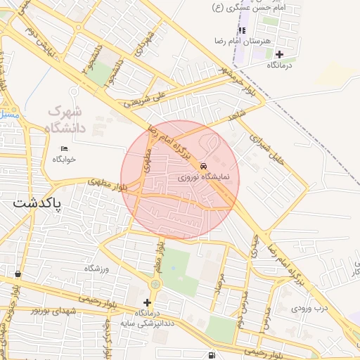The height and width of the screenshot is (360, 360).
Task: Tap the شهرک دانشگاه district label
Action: pos(66,120)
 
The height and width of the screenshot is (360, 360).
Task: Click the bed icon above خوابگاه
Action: pos(65,148)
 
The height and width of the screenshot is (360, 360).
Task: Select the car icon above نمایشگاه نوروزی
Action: pos(204,167)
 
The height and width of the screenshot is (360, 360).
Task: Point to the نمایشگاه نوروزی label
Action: pos(202,178)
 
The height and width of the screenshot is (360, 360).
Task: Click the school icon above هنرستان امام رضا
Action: pos(243,30)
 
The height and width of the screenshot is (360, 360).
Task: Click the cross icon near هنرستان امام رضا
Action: pos(279,54)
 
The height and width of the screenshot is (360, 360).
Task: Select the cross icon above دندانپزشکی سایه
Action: pos(147,302)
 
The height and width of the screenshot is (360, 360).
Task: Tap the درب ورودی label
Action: pos(311,308)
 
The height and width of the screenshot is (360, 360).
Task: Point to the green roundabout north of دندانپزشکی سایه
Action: pos(154,284)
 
